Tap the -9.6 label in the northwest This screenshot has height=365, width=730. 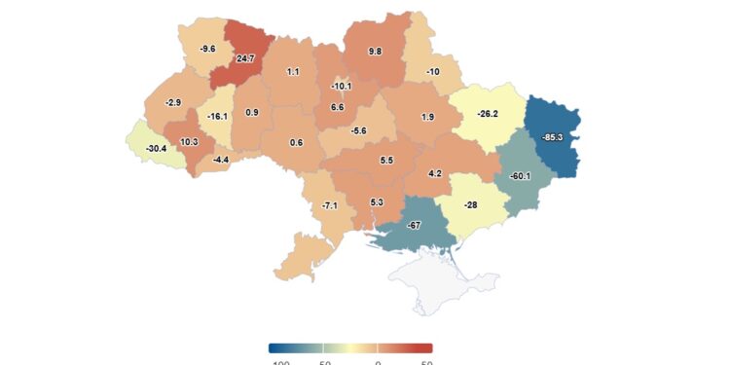[x=207, y=49]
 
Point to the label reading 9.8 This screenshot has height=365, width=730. [x=376, y=51]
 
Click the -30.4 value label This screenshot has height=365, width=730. [x=155, y=148]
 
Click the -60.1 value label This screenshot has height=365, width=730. [x=520, y=176]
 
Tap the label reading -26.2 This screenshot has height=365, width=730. [x=487, y=114]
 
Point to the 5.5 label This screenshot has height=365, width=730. [x=386, y=160]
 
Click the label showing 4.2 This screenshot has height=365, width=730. [x=435, y=174]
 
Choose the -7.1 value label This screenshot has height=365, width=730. [x=330, y=205]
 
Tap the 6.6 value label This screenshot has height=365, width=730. [x=338, y=107]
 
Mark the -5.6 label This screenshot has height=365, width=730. [x=359, y=131]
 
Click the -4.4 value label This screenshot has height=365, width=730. [x=221, y=160]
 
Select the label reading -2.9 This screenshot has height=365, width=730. [x=173, y=102]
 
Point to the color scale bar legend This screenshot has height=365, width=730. [x=350, y=347]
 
